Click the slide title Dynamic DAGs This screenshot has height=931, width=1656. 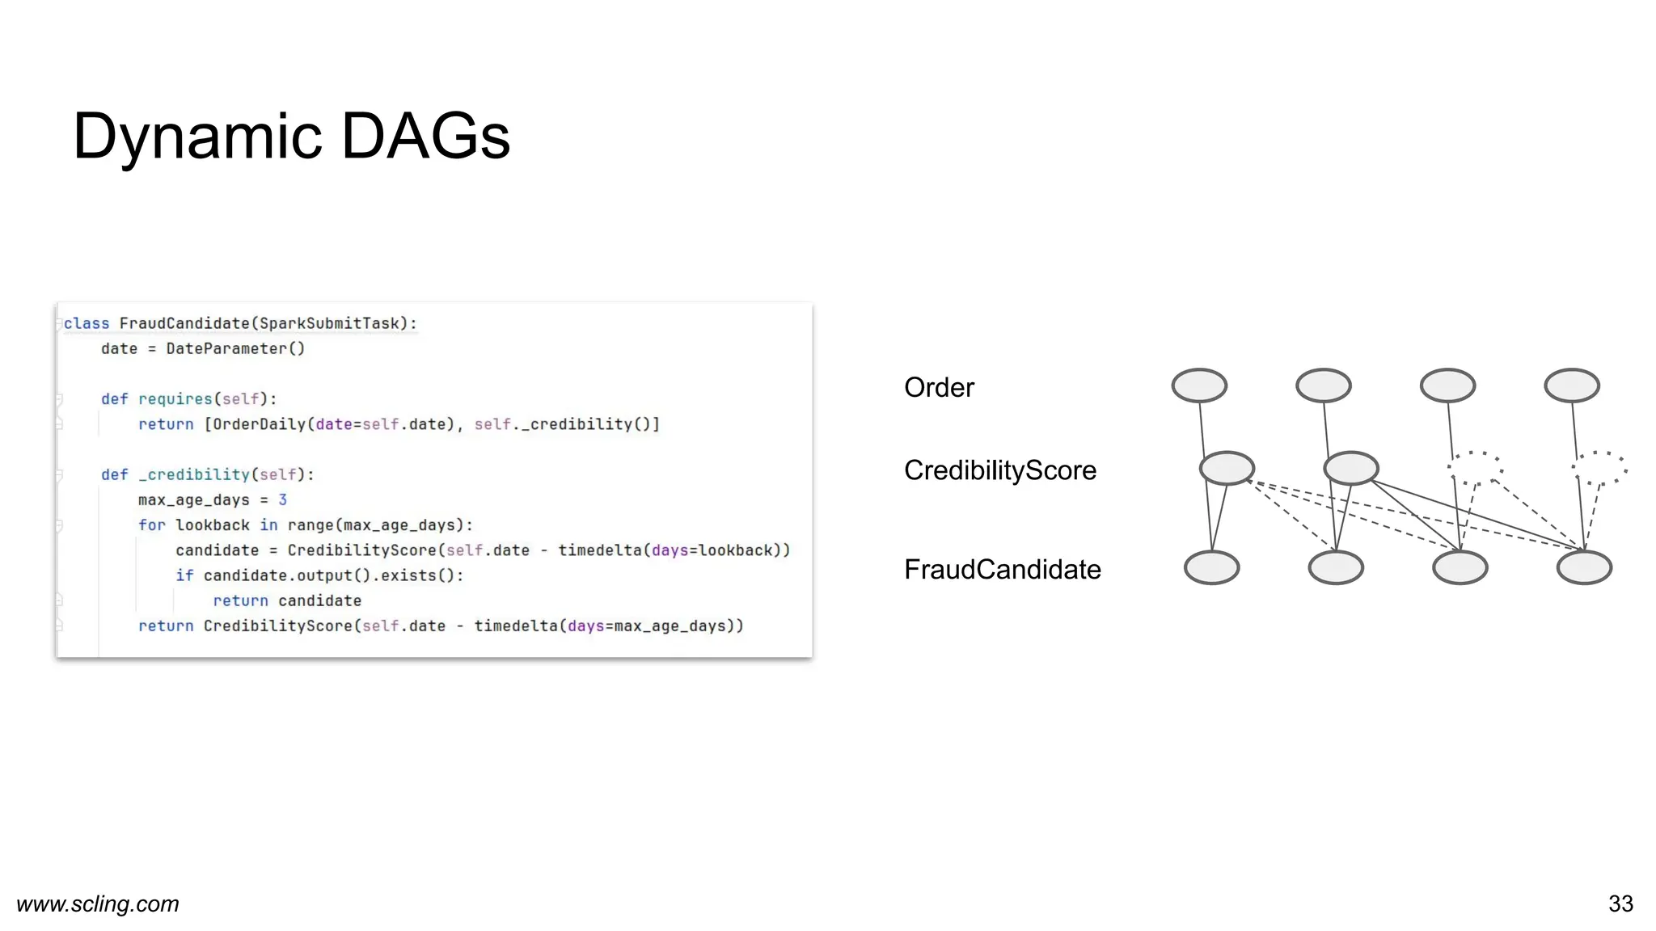coord(291,136)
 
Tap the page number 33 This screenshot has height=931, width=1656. coord(1620,904)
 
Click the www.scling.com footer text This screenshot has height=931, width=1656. coord(98,904)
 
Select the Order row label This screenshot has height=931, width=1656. coord(939,388)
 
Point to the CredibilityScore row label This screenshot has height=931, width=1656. coord(999,470)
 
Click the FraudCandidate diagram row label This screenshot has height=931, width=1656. coord(1002,570)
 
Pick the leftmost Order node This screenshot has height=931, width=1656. coord(1199,385)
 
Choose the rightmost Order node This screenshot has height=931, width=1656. coord(1571,385)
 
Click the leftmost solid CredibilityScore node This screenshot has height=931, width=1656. coord(1227,468)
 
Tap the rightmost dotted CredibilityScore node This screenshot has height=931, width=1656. coord(1599,468)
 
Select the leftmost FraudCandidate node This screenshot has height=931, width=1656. coord(1211,567)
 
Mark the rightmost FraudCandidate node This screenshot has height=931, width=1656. coord(1583,567)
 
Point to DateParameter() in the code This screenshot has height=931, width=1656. coord(235,349)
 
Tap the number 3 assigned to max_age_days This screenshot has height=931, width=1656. coord(282,499)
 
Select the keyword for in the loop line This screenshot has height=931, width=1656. coord(151,525)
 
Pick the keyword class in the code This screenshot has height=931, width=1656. coord(87,323)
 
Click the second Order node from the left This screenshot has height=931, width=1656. coord(1323,385)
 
